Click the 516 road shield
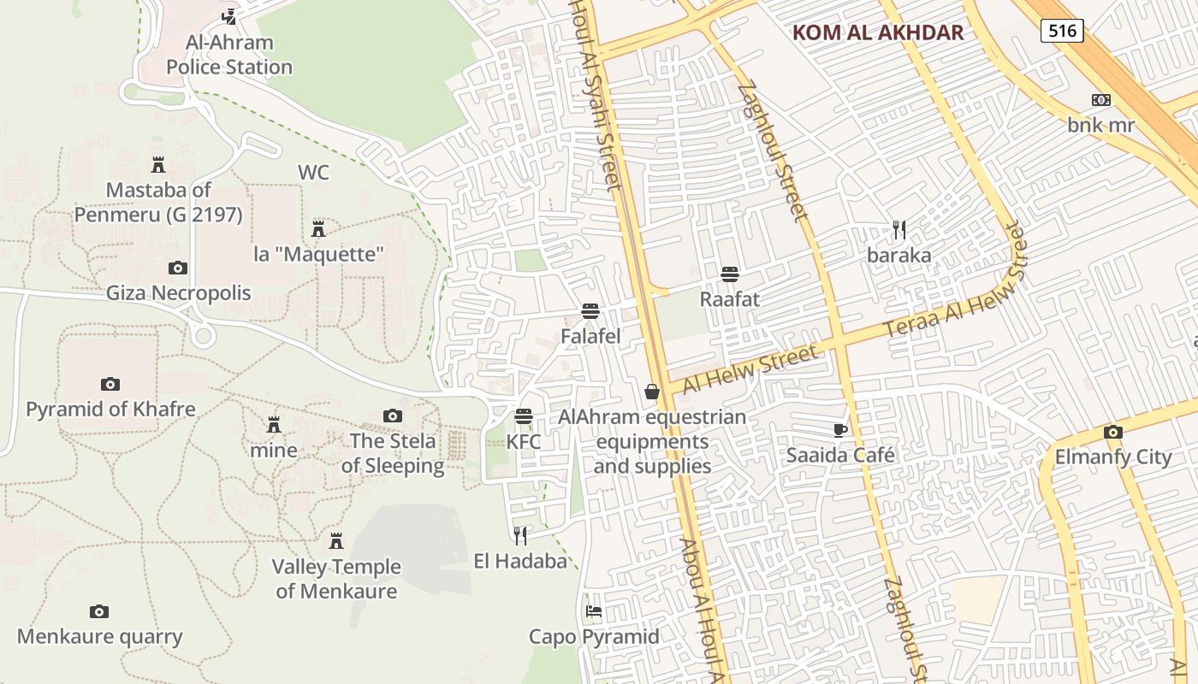pyautogui.click(x=1062, y=32)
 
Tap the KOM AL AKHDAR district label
pyautogui.click(x=878, y=33)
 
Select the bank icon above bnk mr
pyautogui.click(x=1101, y=100)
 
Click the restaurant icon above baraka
pyautogui.click(x=899, y=229)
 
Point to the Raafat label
pyautogui.click(x=730, y=299)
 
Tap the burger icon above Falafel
pyautogui.click(x=590, y=310)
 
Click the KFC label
pyautogui.click(x=524, y=442)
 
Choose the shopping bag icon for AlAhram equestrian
pyautogui.click(x=652, y=392)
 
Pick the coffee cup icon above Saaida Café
pyautogui.click(x=840, y=429)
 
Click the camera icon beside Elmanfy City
pyautogui.click(x=1113, y=432)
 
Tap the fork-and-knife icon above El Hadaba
pyautogui.click(x=520, y=535)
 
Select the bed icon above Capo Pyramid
pyautogui.click(x=594, y=610)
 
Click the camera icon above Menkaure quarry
pyautogui.click(x=99, y=611)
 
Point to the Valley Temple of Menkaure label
pyautogui.click(x=336, y=579)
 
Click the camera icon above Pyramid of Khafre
pyautogui.click(x=110, y=384)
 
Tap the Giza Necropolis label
pyautogui.click(x=178, y=293)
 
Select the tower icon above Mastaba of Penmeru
pyautogui.click(x=158, y=164)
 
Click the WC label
pyautogui.click(x=313, y=173)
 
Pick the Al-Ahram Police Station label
pyautogui.click(x=229, y=55)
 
